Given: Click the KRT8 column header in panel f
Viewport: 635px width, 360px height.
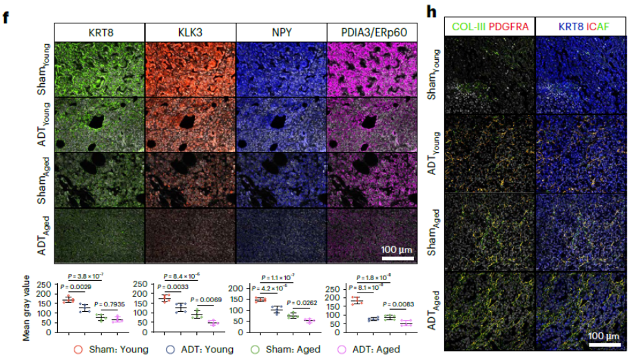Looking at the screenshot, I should pyautogui.click(x=99, y=32).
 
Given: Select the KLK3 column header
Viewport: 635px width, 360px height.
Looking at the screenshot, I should pyautogui.click(x=190, y=32).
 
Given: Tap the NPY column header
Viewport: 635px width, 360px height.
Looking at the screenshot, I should pyautogui.click(x=281, y=32).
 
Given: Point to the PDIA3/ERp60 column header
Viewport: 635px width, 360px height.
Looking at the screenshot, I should pyautogui.click(x=373, y=32).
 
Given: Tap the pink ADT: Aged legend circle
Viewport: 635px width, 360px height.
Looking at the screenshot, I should pyautogui.click(x=340, y=350).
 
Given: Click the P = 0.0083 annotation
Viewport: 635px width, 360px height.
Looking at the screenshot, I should pyautogui.click(x=398, y=303).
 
